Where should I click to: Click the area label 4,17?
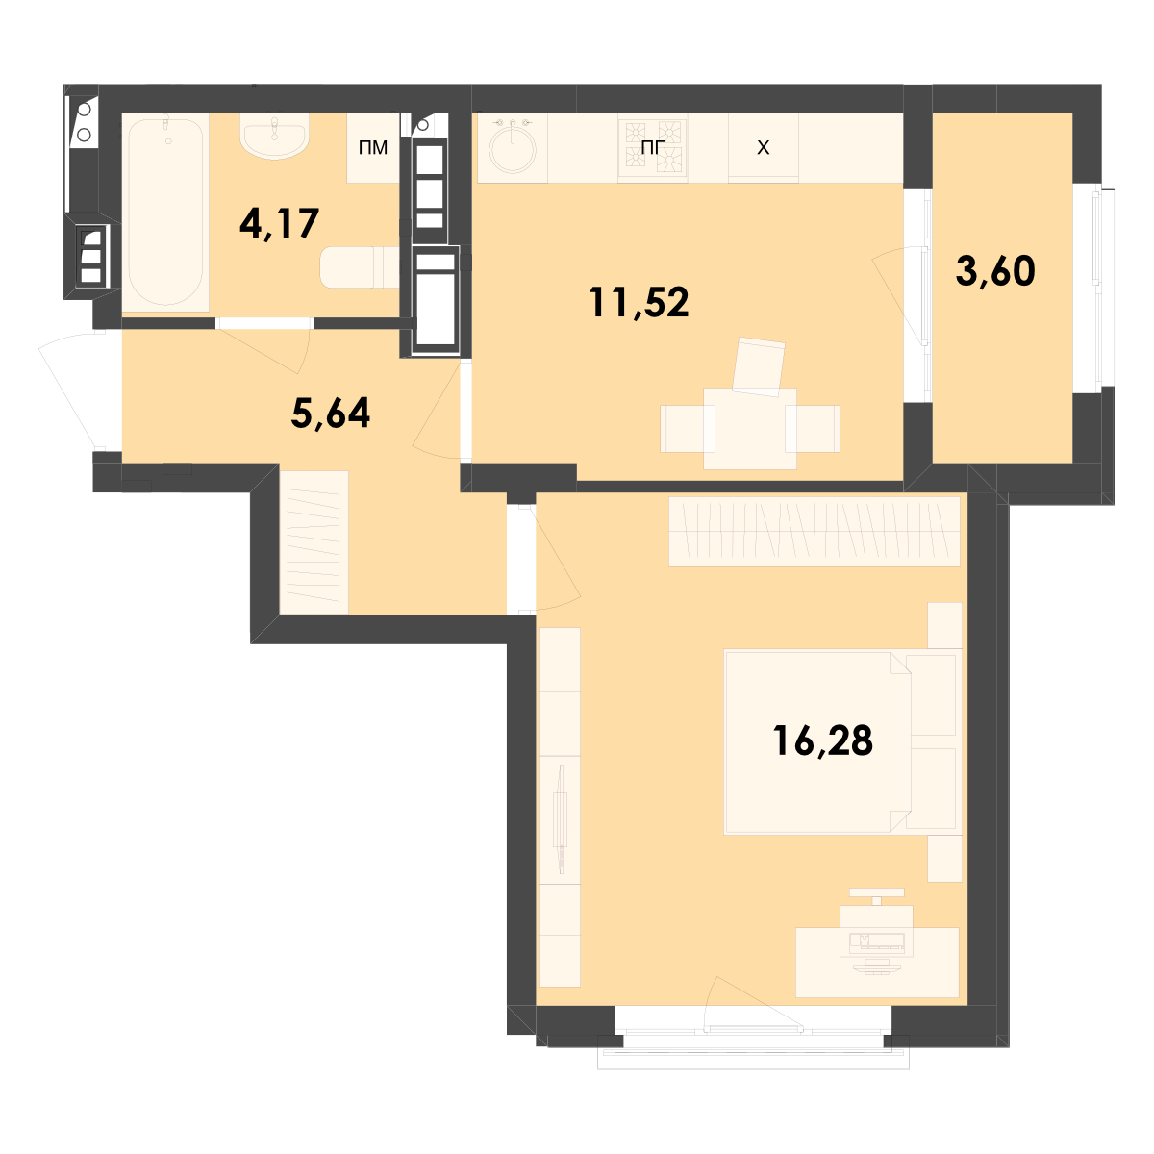(x=279, y=223)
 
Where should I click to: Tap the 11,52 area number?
(x=639, y=302)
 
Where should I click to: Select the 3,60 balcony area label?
(x=995, y=270)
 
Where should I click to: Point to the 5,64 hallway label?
(x=331, y=414)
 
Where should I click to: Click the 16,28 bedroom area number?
(x=822, y=740)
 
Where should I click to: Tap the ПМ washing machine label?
(x=373, y=147)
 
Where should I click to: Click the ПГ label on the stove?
(x=652, y=147)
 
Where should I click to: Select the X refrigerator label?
(x=763, y=147)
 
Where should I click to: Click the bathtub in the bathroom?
(x=165, y=213)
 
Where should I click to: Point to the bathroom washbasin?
(x=274, y=137)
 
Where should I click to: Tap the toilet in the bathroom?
(x=360, y=267)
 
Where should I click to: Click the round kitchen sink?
(x=513, y=148)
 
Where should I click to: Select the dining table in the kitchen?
(x=750, y=428)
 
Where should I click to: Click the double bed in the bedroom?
(x=842, y=742)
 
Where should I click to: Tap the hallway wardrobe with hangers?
(x=314, y=542)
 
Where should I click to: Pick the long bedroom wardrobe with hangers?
(x=814, y=531)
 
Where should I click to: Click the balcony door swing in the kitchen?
(x=898, y=296)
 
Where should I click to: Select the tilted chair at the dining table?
(x=759, y=366)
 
